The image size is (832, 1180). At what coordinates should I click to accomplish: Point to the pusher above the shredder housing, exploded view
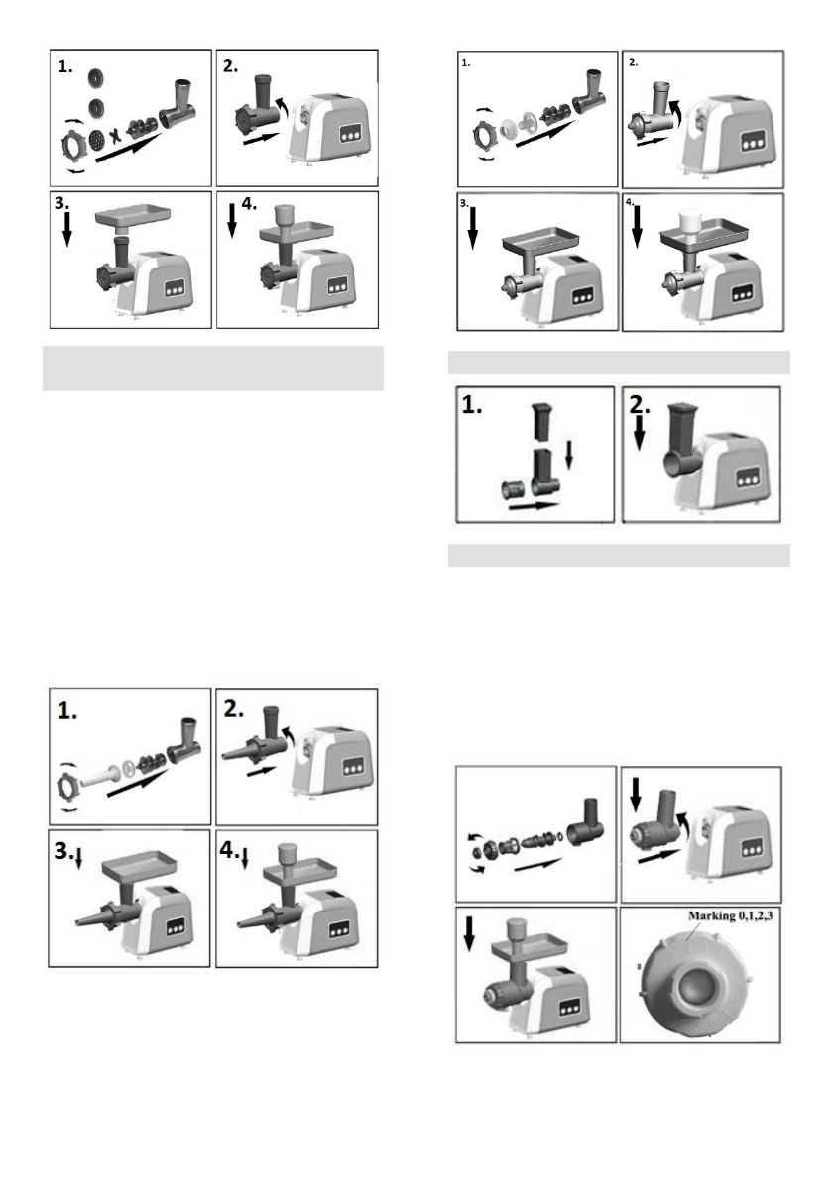pos(539,422)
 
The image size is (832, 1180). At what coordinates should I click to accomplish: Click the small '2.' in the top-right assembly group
pos(636,62)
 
